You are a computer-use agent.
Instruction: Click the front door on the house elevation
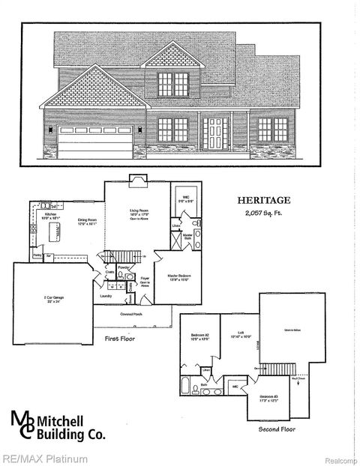click(214, 133)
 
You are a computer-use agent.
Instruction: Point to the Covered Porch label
click(136, 317)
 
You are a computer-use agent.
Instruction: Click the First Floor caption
click(119, 339)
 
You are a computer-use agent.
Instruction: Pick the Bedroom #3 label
click(269, 397)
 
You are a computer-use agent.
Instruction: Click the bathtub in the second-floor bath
click(186, 387)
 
